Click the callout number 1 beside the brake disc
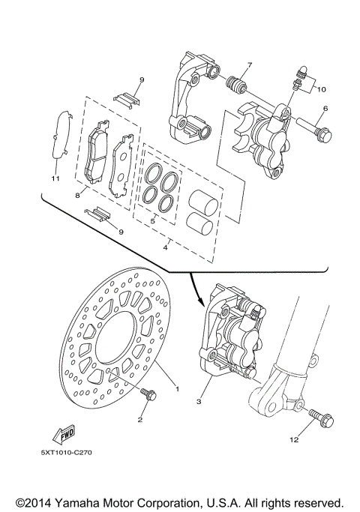coord(177,388)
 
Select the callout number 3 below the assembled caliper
coord(199,403)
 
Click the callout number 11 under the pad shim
coord(54,179)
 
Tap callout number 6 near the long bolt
coord(325,109)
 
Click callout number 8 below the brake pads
coord(76,194)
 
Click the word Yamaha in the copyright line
coord(91,501)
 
